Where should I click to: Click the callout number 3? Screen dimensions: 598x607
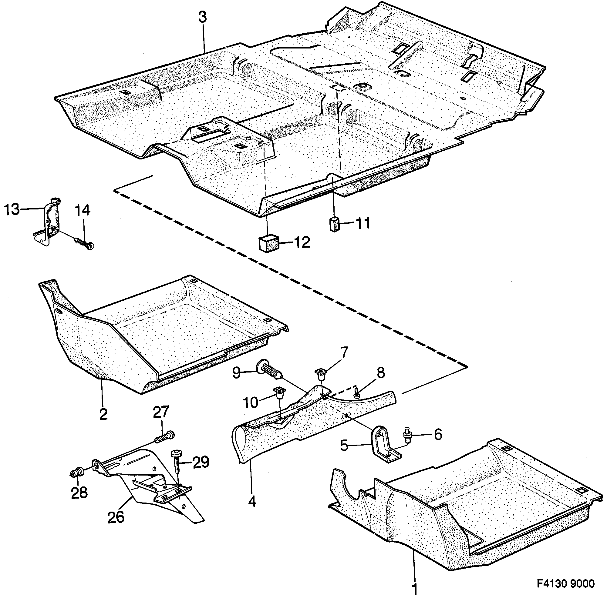(203, 18)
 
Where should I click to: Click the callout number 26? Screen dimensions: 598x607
(116, 517)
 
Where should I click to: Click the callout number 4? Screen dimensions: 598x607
(252, 502)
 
